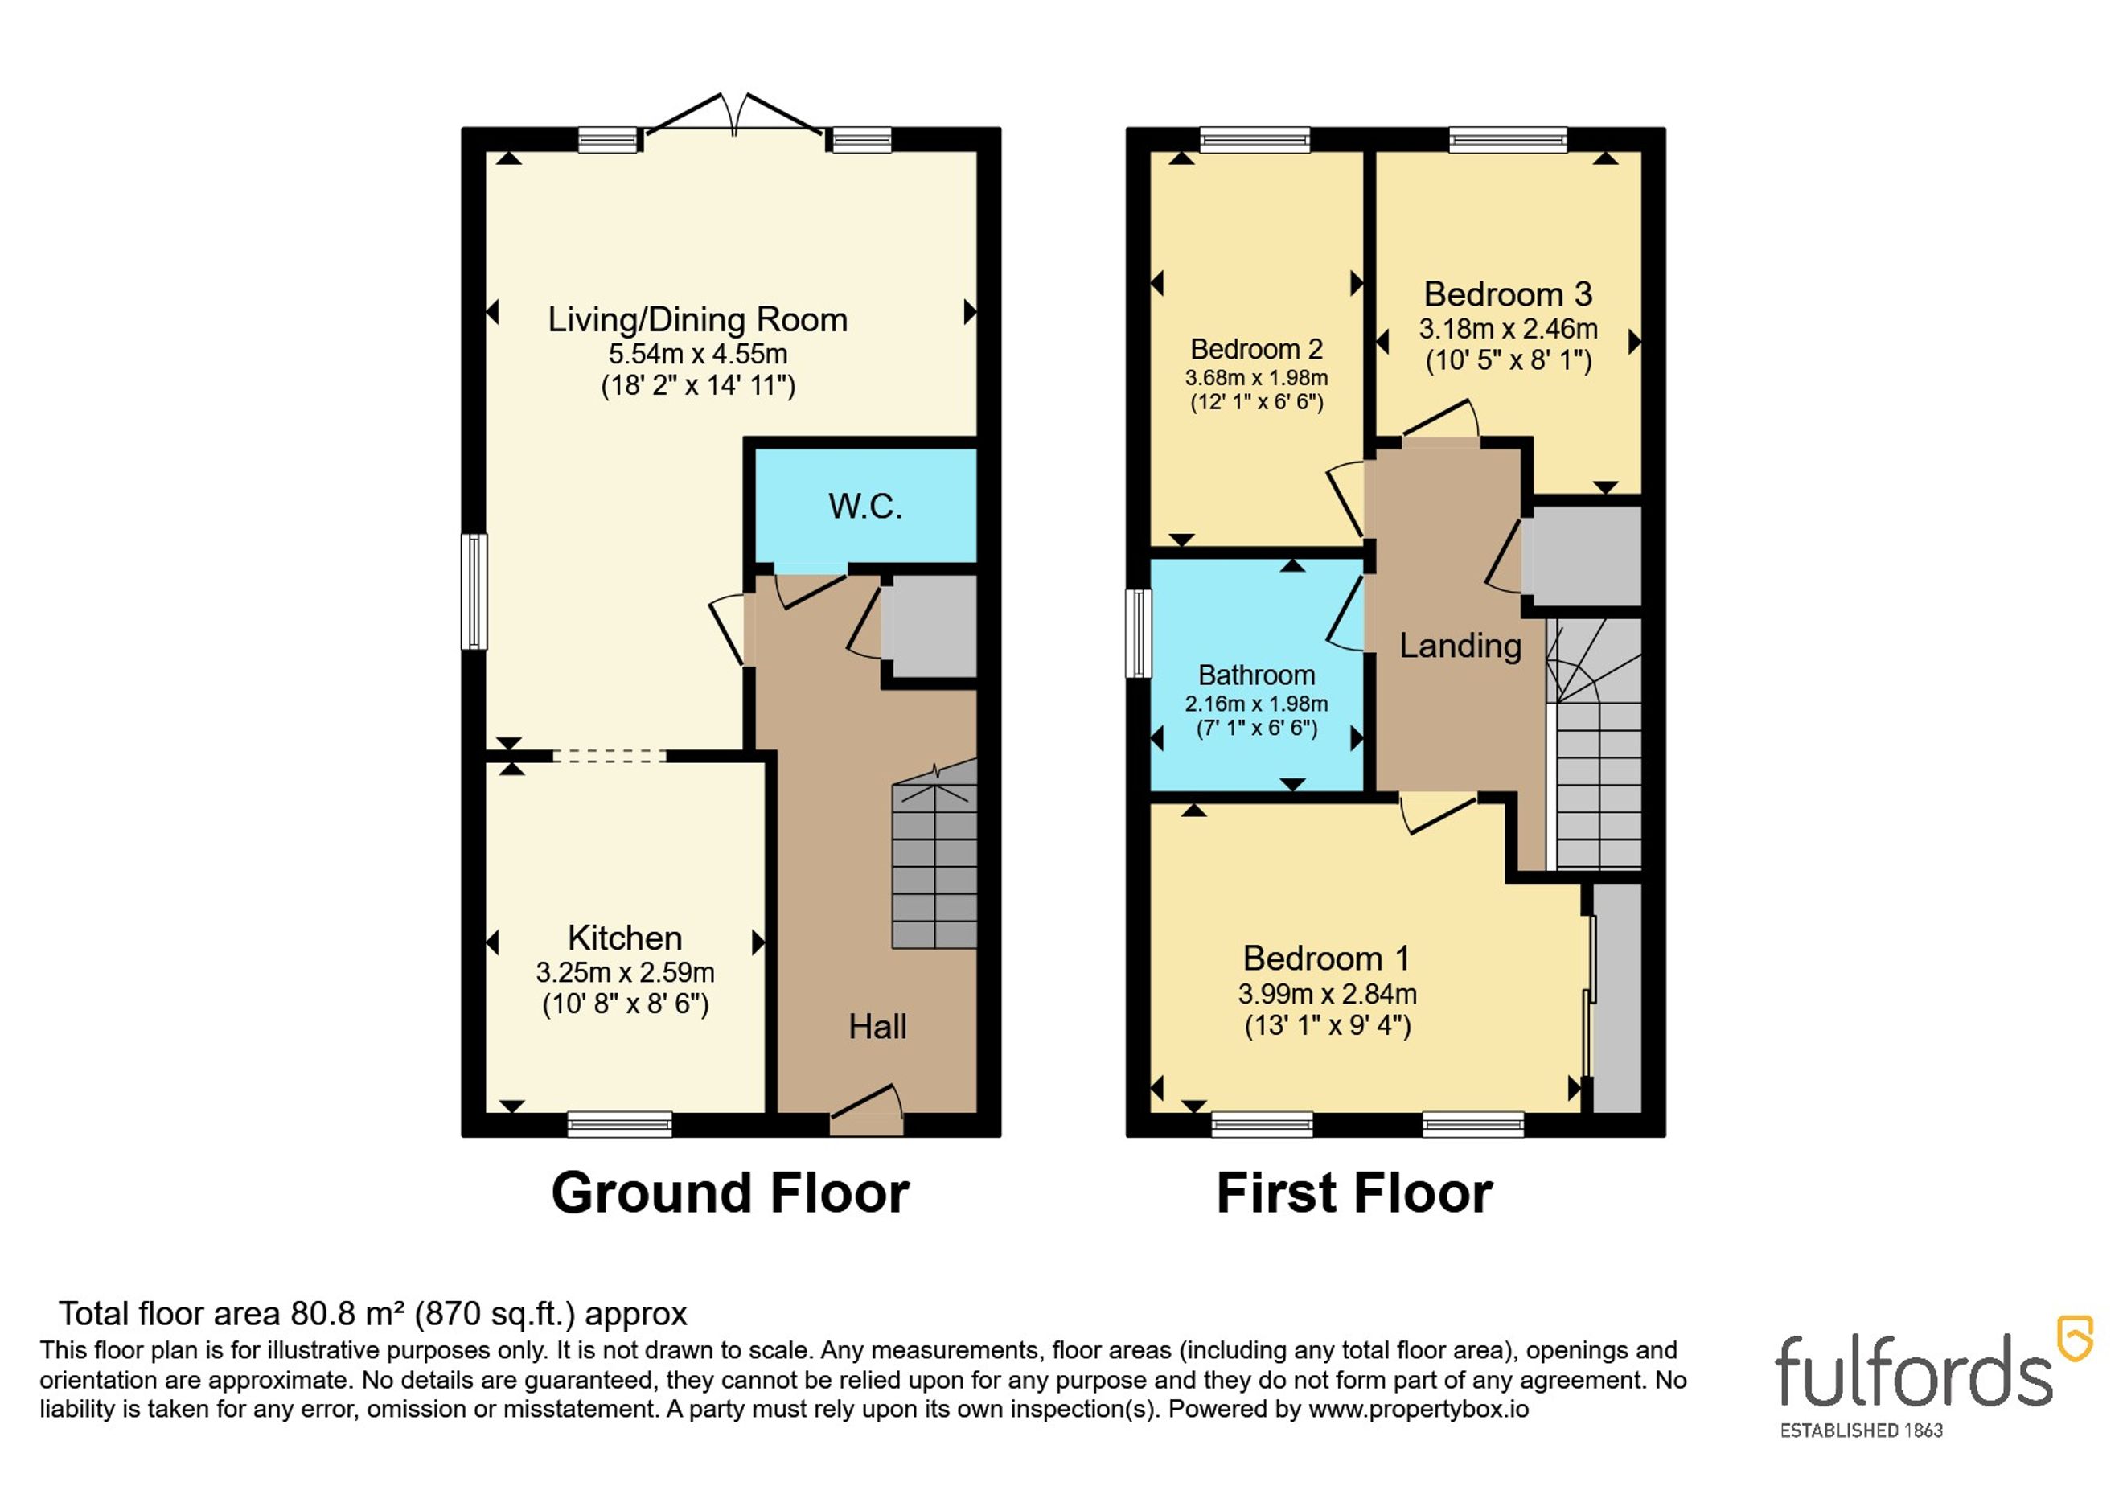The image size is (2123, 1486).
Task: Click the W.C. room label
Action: tap(864, 506)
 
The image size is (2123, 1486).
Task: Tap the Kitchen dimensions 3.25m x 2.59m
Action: tap(625, 973)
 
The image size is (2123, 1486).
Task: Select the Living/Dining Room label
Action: tap(697, 320)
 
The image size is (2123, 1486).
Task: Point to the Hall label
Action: tap(877, 1026)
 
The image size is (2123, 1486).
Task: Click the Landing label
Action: tap(1460, 646)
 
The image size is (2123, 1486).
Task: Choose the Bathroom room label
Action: tap(1257, 675)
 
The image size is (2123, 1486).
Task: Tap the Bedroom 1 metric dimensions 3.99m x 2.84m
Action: tap(1327, 994)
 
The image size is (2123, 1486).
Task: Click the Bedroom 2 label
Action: tap(1257, 349)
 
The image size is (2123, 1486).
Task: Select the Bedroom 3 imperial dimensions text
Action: tap(1508, 359)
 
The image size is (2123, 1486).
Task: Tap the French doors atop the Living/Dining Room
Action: tap(734, 116)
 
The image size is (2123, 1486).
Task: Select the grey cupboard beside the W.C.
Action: tap(928, 627)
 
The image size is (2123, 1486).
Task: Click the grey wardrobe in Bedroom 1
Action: tap(1617, 998)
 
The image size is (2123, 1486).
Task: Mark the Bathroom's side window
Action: tap(1138, 634)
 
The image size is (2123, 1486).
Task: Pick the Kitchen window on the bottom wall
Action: tap(619, 1123)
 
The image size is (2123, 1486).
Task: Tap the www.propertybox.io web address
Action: tap(1419, 1410)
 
